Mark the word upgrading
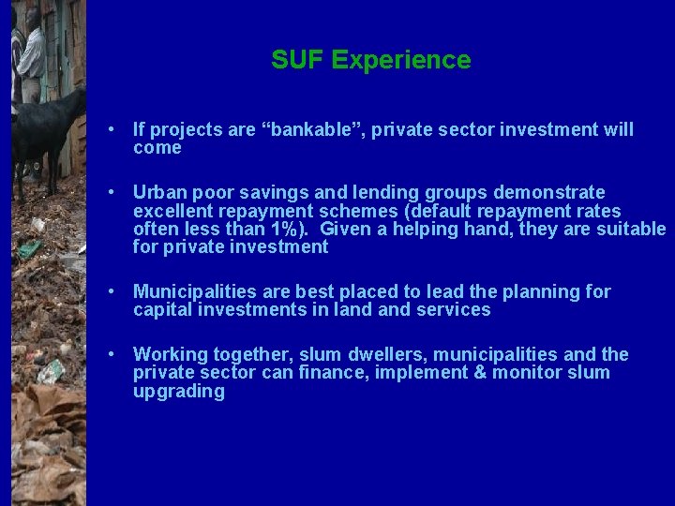(x=178, y=392)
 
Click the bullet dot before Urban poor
(x=112, y=192)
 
